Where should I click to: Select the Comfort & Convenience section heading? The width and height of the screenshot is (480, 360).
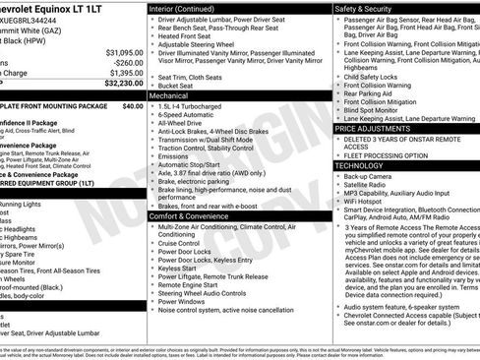click(191, 215)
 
